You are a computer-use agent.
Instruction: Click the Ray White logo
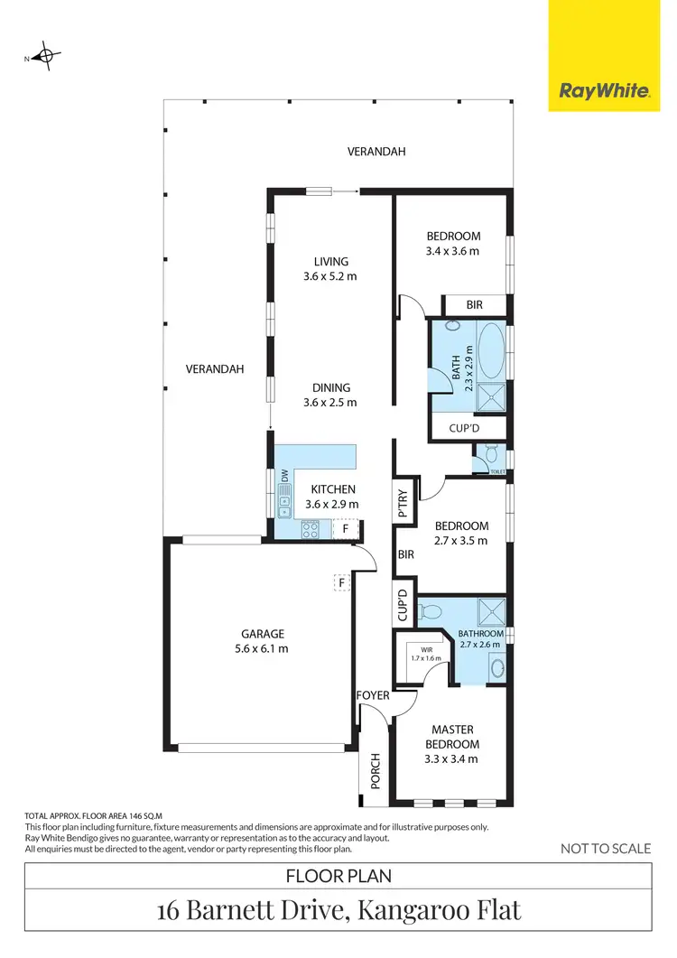coord(604,91)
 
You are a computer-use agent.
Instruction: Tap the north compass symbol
coord(43,57)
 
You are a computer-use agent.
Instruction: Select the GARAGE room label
coord(262,634)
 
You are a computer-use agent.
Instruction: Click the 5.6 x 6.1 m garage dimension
coord(262,648)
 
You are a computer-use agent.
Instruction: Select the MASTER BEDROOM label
coord(452,736)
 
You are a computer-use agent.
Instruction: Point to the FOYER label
coord(373,695)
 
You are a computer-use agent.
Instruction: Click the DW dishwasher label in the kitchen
coord(284,475)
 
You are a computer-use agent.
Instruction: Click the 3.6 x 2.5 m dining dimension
coord(330,403)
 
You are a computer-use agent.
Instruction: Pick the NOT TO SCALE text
coord(606,848)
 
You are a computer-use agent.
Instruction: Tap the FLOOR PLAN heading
coord(338,875)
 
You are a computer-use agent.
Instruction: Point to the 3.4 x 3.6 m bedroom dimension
coord(452,251)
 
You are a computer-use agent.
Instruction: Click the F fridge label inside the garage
coord(341,582)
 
